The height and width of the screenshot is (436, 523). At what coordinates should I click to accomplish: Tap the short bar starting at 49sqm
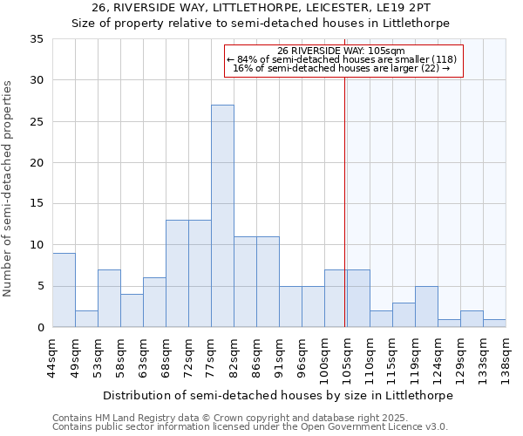pos(86,319)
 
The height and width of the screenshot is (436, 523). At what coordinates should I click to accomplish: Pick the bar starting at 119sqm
pos(426,307)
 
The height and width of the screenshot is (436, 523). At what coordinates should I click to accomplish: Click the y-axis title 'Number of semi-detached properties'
pos(9,188)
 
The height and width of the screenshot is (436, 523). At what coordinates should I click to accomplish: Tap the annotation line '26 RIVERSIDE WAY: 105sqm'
pos(343,51)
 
